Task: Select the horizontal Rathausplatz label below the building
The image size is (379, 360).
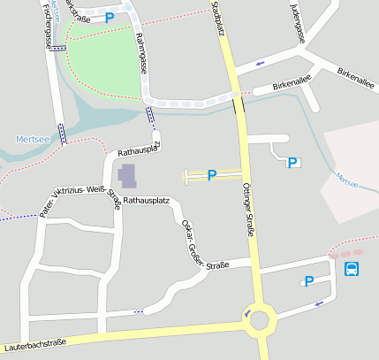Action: [x=146, y=201]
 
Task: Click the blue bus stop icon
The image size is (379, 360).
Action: [x=352, y=269]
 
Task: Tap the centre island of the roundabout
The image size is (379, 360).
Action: [x=259, y=319]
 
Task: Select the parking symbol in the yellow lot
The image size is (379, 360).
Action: [x=212, y=175]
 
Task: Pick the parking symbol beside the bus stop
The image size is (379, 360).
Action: [x=308, y=281]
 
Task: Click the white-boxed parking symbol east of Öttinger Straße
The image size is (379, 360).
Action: [x=292, y=162]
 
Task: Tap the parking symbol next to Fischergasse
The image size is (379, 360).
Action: [x=110, y=17]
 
